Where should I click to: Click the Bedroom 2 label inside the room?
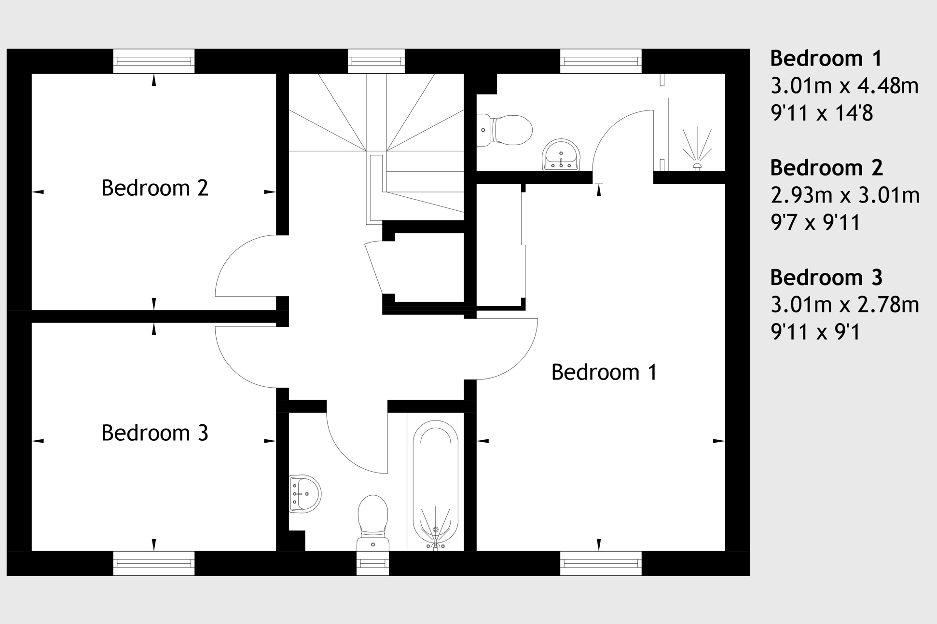(154, 188)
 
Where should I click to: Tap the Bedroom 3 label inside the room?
(154, 433)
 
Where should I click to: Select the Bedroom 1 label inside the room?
(604, 372)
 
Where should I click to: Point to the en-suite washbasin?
(561, 155)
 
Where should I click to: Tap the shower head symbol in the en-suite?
(697, 149)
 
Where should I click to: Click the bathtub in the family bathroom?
(435, 485)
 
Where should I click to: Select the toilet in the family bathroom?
(373, 523)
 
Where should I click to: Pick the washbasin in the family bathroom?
(305, 494)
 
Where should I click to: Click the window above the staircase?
(376, 61)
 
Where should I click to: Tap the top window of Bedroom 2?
(154, 61)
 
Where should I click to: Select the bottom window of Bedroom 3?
(154, 563)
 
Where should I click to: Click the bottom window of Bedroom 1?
(601, 563)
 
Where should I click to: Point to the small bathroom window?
(373, 563)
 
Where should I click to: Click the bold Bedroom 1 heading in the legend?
(826, 58)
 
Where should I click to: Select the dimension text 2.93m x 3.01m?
(845, 195)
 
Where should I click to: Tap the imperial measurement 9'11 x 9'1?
(815, 332)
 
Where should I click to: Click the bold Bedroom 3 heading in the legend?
(826, 277)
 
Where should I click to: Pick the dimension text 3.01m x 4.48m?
(844, 86)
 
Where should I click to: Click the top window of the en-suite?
(601, 61)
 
